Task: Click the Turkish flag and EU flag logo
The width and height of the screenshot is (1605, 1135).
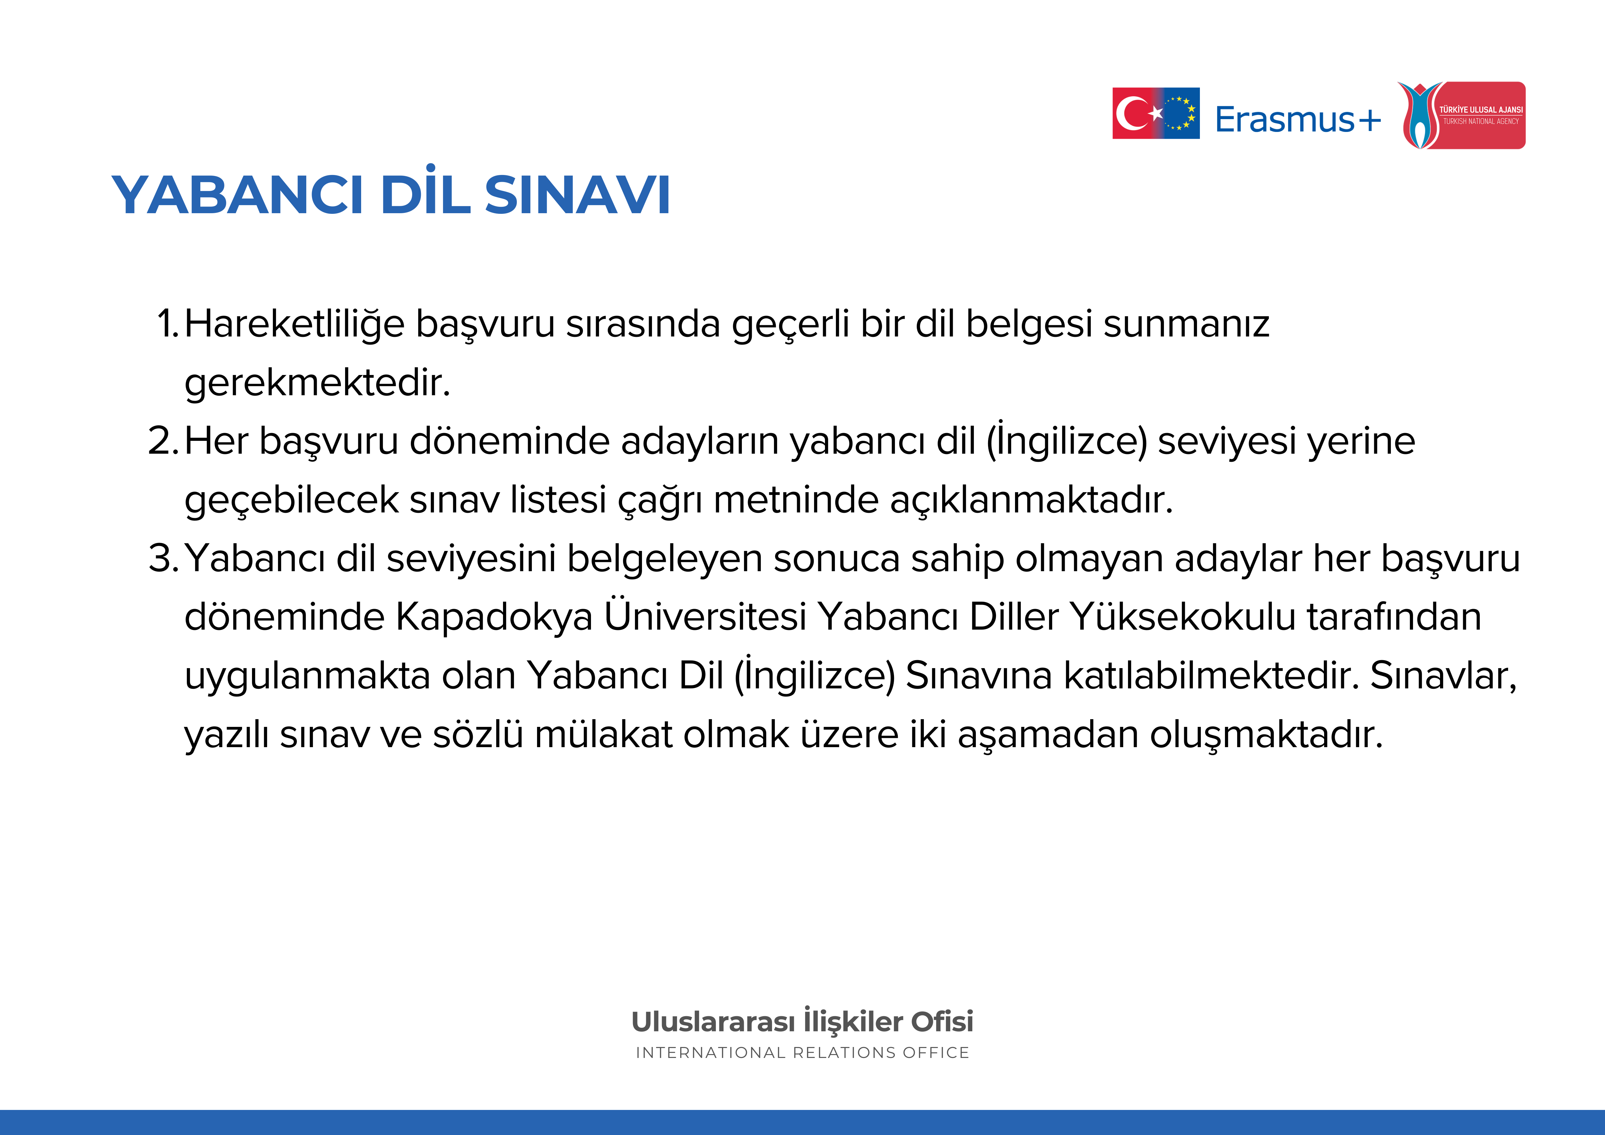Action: [x=1156, y=113]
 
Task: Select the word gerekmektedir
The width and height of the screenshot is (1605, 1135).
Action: [x=317, y=382]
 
